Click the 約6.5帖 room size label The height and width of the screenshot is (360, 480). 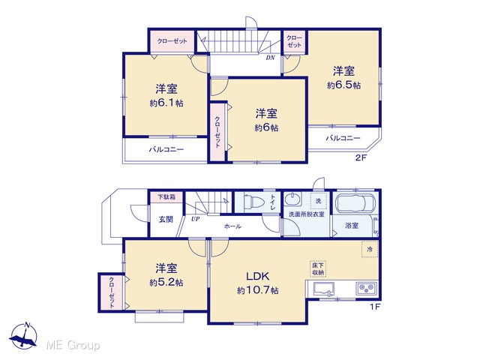coord(343,85)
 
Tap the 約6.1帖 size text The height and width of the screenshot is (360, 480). coord(166,103)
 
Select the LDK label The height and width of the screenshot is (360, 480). coord(258,276)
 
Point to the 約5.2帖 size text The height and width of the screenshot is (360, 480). coord(166,282)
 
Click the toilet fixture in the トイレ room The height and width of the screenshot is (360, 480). coord(254,202)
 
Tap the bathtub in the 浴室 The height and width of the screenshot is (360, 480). coord(355,203)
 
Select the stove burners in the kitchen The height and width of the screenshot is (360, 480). coord(366,288)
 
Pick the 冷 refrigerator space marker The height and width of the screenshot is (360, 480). coord(370,249)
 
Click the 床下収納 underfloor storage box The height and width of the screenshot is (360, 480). coord(318,268)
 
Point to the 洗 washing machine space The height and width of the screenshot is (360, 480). coord(318,201)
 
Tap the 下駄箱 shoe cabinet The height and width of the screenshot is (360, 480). coord(166,196)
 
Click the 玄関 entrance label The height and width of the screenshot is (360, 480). coord(166,219)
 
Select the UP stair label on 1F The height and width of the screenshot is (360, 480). coord(195,219)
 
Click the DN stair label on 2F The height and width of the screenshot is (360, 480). coord(270,58)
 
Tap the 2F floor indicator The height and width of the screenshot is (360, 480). coord(361,158)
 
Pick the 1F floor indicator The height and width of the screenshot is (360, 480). coord(375,307)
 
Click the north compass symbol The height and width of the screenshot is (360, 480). coord(23,336)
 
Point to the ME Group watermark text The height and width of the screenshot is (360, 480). coord(73,345)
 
